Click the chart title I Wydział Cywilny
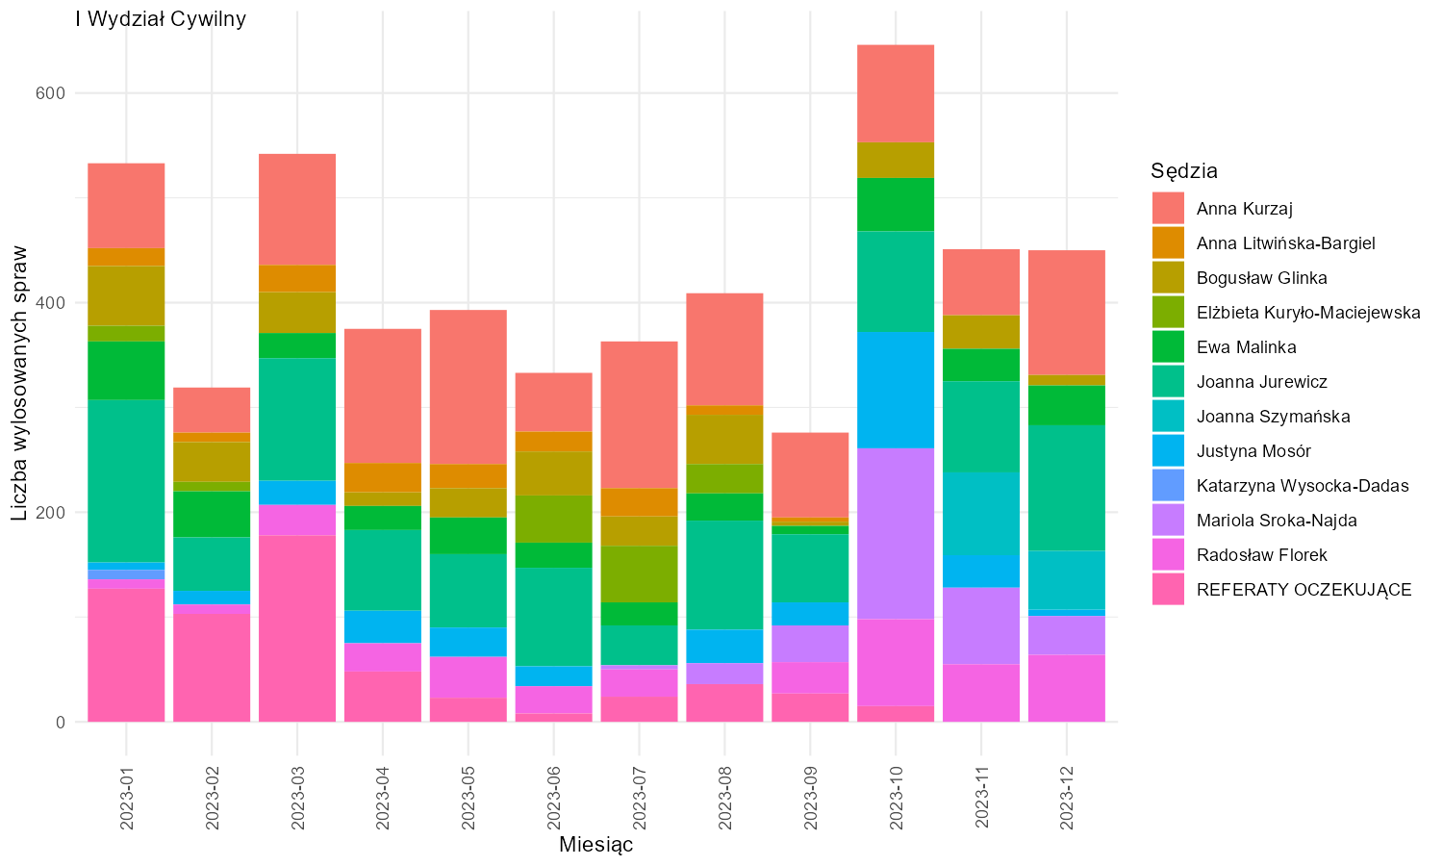click(x=161, y=18)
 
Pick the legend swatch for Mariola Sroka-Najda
click(x=1168, y=520)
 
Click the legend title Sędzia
click(x=1184, y=170)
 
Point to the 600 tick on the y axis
click(x=50, y=93)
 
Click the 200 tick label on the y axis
click(x=50, y=513)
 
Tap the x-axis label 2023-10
click(x=896, y=798)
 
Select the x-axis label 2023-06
click(x=554, y=798)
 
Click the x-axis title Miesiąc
click(x=595, y=844)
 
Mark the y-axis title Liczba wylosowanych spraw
click(x=19, y=383)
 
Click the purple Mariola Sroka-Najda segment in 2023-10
click(x=896, y=533)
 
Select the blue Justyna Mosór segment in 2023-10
click(x=896, y=390)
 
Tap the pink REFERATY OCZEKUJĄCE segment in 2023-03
click(x=297, y=628)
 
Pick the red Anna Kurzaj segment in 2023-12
click(x=1067, y=313)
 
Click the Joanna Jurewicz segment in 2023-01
click(x=126, y=481)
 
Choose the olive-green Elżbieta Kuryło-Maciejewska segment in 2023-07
click(x=639, y=574)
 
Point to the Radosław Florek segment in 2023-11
click(x=981, y=693)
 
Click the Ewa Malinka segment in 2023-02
click(x=212, y=514)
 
